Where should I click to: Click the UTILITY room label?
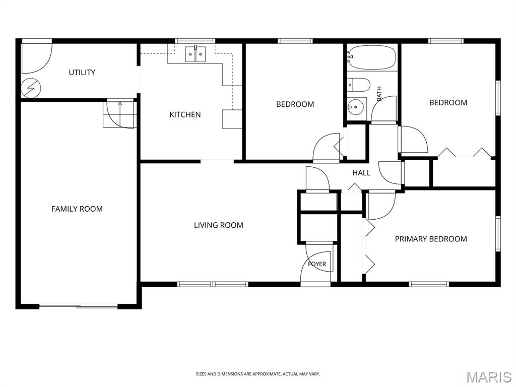[82, 73]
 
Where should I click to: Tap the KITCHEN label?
[185, 114]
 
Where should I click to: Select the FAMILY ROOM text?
[77, 209]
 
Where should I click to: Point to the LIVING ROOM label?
[219, 225]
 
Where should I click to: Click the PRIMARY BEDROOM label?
[431, 239]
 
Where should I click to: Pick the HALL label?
[361, 173]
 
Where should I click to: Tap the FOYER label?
[317, 264]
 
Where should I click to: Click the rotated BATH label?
[379, 94]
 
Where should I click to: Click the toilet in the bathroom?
[359, 85]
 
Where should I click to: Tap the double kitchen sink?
[196, 54]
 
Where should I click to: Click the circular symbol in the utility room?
[31, 88]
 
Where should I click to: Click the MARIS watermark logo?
[488, 377]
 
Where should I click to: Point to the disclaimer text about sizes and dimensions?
[257, 374]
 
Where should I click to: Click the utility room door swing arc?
[43, 64]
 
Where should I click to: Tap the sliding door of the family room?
[79, 307]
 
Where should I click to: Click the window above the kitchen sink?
[195, 41]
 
